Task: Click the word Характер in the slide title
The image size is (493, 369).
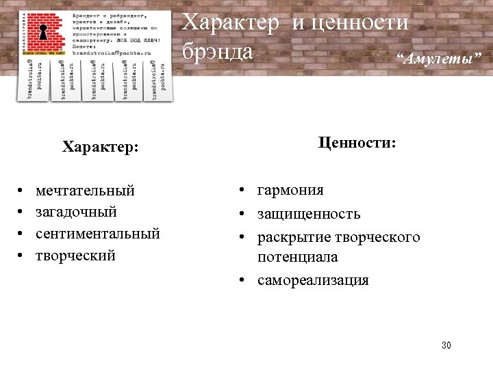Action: point(230,23)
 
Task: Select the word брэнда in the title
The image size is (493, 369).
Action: point(218,51)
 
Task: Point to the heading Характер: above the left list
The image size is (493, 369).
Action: point(101,147)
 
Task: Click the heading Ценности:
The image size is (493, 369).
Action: point(357,143)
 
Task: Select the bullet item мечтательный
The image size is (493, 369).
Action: point(85,190)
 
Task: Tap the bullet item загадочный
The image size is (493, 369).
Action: point(76,212)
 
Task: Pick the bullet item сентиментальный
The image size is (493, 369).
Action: point(98,234)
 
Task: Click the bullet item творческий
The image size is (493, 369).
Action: point(75,256)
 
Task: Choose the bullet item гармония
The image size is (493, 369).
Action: point(290,190)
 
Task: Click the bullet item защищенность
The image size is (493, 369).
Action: point(309,214)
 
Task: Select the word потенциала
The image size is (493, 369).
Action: point(297,258)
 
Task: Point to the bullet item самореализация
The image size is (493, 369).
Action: point(313,280)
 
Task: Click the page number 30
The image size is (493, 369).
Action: point(446,345)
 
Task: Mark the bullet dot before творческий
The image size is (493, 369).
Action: point(22,256)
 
